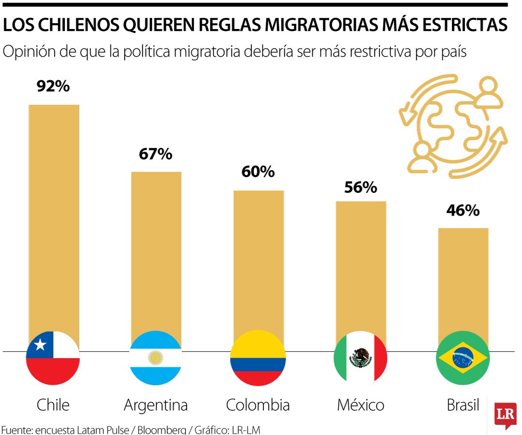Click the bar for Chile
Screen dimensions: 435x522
(x=54, y=217)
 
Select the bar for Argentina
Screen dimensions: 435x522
(x=156, y=251)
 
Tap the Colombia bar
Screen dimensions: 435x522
(x=259, y=261)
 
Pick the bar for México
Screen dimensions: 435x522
(x=361, y=266)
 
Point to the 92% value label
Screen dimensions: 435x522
(x=53, y=87)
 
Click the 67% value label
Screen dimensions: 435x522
(x=156, y=154)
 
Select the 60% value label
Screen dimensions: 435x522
(x=258, y=172)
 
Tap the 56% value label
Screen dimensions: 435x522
(x=361, y=188)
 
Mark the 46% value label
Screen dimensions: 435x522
(x=463, y=211)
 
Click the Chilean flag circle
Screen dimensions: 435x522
(x=53, y=358)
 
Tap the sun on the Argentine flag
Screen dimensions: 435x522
(x=156, y=358)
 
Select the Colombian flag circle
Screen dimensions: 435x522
(x=258, y=358)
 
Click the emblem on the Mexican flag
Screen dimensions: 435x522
(x=361, y=358)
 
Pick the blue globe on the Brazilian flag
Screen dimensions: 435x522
(x=463, y=358)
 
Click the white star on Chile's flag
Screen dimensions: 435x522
(x=40, y=345)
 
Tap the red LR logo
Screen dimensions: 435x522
(x=505, y=415)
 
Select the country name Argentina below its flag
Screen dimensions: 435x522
(x=156, y=405)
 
